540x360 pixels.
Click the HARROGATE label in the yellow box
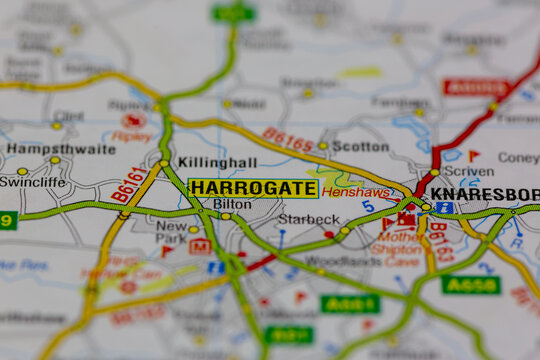click(x=253, y=188)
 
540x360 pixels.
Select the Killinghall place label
click(x=217, y=162)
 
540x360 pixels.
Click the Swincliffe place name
click(x=32, y=182)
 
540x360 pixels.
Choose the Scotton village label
click(x=360, y=146)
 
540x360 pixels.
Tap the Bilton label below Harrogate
click(x=232, y=204)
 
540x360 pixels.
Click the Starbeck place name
click(x=308, y=219)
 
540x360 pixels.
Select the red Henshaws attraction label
click(x=355, y=191)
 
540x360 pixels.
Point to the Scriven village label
click(x=468, y=171)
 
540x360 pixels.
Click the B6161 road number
click(x=129, y=184)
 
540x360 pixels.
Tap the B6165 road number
click(x=288, y=140)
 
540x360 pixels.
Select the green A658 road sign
click(x=470, y=284)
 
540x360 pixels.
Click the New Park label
click(x=171, y=233)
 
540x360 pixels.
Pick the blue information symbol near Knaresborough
click(x=443, y=208)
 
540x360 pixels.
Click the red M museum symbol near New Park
click(x=199, y=246)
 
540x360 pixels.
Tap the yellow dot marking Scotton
click(x=323, y=146)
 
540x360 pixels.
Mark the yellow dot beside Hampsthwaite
click(x=55, y=160)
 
